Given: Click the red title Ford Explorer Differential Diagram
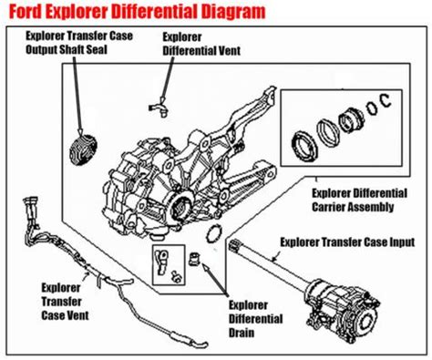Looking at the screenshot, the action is point(137,12).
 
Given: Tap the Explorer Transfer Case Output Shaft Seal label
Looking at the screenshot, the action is point(79,43).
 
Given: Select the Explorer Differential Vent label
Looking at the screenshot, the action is point(201,44).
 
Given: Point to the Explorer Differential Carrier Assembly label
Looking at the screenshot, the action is point(359,200).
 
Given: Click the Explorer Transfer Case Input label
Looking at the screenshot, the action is point(347,242).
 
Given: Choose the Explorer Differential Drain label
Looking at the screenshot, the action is point(255,319).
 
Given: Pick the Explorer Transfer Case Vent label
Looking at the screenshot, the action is point(65,302).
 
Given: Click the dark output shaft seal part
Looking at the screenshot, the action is point(83,150).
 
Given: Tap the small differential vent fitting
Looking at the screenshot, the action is point(159,108).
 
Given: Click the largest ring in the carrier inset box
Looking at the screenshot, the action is point(304,146).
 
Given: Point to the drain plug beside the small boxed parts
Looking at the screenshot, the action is point(195,258).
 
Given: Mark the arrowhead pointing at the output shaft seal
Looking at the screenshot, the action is point(80,131).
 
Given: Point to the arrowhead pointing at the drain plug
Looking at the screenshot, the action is point(205,267).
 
